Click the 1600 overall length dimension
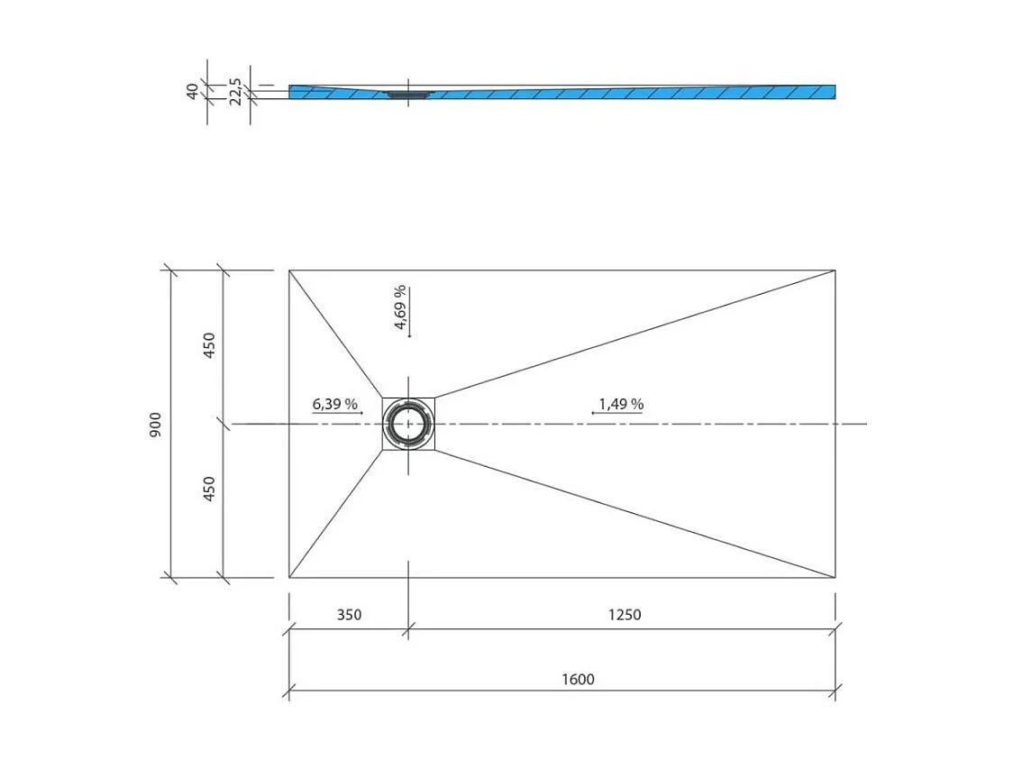click(x=578, y=679)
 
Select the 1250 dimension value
click(x=625, y=615)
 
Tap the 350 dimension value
click(x=349, y=615)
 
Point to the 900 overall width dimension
click(x=156, y=425)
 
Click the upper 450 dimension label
click(x=209, y=346)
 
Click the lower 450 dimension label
click(x=209, y=489)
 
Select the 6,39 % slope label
click(x=335, y=404)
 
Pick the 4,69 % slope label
click(x=400, y=307)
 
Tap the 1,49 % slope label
click(x=621, y=404)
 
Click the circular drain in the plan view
click(x=409, y=424)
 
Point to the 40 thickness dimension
click(x=192, y=91)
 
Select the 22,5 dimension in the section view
click(x=234, y=92)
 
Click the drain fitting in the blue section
click(x=409, y=93)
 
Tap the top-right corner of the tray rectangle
click(x=835, y=270)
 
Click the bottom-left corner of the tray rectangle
click(x=289, y=577)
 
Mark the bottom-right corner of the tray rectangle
click(x=835, y=577)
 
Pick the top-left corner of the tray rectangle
click(x=289, y=270)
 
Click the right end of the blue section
click(x=833, y=91)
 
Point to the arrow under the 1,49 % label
click(x=616, y=413)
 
